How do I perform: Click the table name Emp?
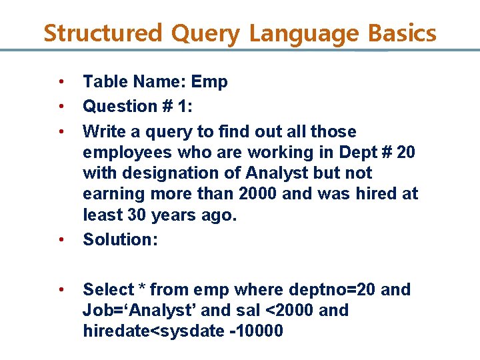(x=209, y=83)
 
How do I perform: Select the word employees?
(x=126, y=153)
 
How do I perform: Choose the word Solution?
(x=120, y=239)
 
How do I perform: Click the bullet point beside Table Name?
(x=60, y=82)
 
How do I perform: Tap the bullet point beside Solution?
(x=60, y=239)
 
